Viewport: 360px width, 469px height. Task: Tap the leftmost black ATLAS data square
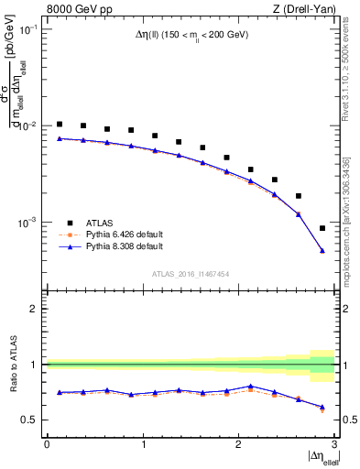60,124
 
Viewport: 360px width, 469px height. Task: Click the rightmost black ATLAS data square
322,228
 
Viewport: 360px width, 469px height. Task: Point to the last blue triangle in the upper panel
322,250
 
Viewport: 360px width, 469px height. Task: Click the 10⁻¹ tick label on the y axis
28,29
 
